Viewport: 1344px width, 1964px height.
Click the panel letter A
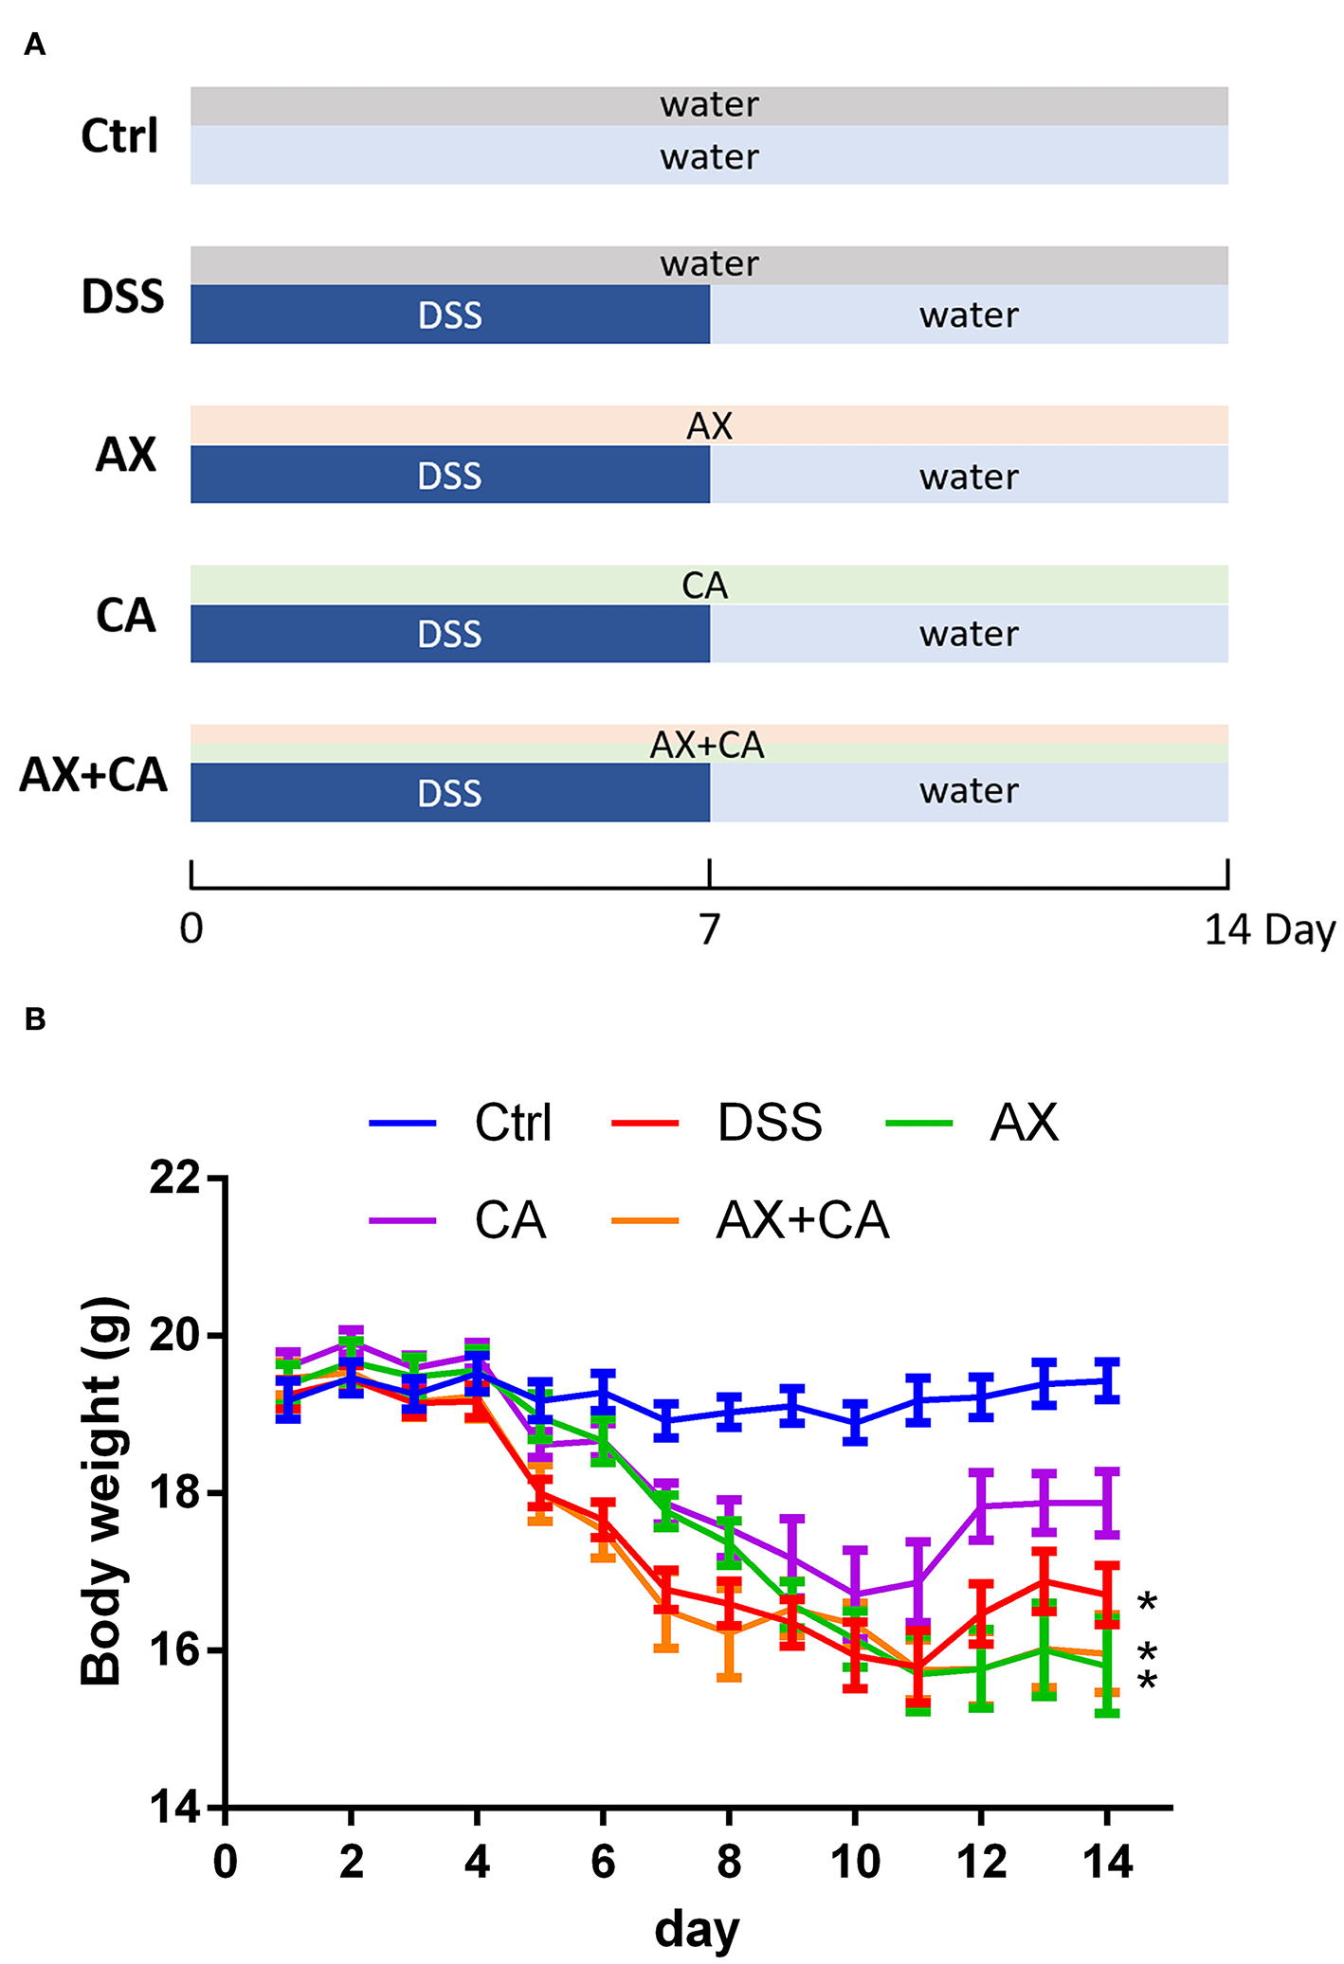coord(35,45)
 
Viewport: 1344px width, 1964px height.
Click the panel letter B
coord(35,1019)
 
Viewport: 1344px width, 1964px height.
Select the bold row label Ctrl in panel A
coord(119,136)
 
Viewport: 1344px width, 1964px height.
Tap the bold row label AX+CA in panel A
coord(94,775)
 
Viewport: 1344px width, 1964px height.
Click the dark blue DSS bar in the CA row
coord(450,634)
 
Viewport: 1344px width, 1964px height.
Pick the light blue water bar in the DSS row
coord(969,315)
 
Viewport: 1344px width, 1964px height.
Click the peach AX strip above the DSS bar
coord(709,425)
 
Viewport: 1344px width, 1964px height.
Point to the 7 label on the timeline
coord(710,929)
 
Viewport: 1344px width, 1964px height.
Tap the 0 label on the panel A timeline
coord(191,929)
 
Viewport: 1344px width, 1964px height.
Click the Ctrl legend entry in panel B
coord(463,1123)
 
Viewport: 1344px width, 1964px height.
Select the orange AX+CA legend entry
coord(752,1219)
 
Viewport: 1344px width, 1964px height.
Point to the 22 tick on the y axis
coord(176,1178)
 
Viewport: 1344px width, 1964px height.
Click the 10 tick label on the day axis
coord(855,1862)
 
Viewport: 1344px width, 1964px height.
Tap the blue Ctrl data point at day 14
coord(1107,1380)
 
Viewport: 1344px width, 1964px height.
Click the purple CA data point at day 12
coord(981,1505)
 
